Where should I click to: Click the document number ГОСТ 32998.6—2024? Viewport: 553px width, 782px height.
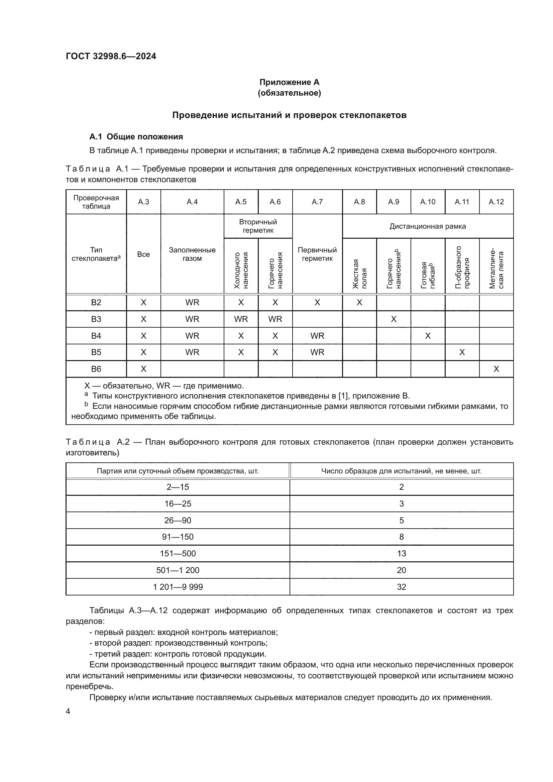(x=111, y=56)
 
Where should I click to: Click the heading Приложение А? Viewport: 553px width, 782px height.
(x=289, y=82)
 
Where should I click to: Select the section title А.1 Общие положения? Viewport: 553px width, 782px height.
(x=136, y=137)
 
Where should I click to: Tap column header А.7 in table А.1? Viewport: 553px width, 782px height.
(x=317, y=202)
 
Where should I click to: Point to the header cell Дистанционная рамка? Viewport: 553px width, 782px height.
(x=427, y=226)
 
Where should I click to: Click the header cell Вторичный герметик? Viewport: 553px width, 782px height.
(x=258, y=226)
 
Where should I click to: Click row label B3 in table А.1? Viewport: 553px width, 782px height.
(x=96, y=319)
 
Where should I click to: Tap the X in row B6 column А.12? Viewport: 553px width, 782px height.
(x=496, y=369)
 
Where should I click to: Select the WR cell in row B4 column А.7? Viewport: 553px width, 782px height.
(x=317, y=336)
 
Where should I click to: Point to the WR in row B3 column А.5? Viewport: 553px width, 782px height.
(x=241, y=319)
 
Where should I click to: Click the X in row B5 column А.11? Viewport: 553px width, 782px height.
(x=462, y=352)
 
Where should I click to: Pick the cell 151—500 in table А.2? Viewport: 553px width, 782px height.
(x=178, y=553)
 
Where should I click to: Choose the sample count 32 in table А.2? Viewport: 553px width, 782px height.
(x=401, y=587)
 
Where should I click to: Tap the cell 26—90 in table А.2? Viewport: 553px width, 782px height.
(x=178, y=520)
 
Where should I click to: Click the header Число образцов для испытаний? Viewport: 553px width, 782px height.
(x=401, y=471)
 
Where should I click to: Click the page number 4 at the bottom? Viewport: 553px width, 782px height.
(x=68, y=711)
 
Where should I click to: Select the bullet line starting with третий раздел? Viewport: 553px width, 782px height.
(x=178, y=654)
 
